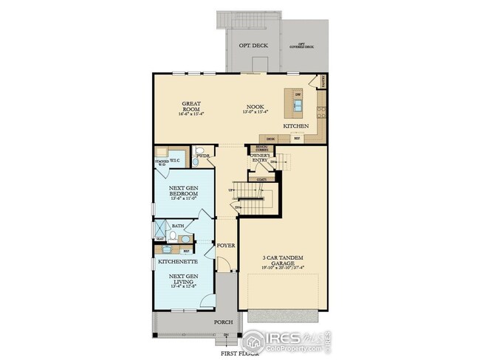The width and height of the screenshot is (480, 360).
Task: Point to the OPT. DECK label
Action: [253, 46]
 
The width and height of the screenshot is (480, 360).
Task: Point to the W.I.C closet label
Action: [176, 160]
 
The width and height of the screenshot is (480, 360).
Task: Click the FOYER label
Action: [225, 244]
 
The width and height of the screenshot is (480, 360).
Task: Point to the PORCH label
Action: [224, 322]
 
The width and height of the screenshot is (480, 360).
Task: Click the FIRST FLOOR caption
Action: [229, 353]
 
